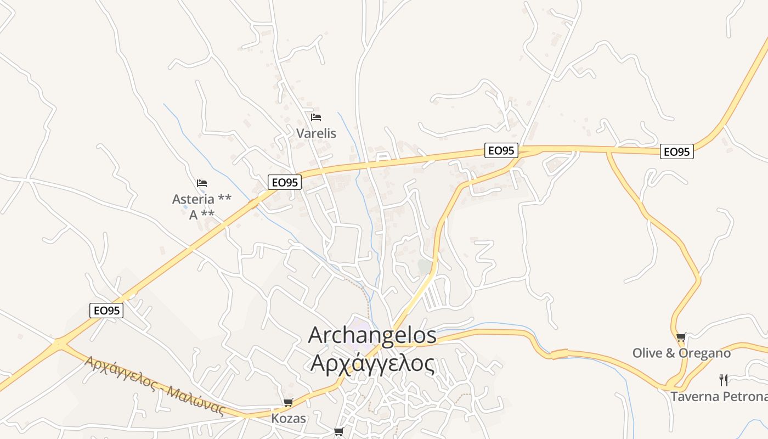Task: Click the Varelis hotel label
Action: [316, 133]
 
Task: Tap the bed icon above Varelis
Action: [316, 117]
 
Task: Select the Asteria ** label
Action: [201, 199]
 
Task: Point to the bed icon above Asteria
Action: [202, 183]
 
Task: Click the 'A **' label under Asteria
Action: [201, 215]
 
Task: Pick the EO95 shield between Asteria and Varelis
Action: [285, 182]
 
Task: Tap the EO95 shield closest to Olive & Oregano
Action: [677, 151]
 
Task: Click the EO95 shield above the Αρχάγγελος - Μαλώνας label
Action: [106, 311]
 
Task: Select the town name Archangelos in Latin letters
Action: [372, 335]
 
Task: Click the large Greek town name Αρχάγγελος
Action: [372, 363]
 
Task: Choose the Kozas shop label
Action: [289, 419]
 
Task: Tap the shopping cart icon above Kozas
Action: [289, 403]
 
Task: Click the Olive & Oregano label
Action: [681, 353]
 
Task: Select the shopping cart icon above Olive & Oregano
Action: [681, 337]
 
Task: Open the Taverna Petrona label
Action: [719, 396]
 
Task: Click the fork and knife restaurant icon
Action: [724, 380]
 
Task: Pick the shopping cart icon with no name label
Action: [338, 432]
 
